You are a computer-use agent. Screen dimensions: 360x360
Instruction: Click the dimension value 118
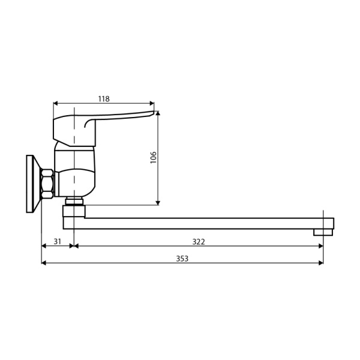click(x=103, y=98)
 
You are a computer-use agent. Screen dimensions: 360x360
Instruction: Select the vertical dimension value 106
click(x=153, y=157)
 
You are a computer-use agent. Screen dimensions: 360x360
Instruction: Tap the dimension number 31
click(x=58, y=241)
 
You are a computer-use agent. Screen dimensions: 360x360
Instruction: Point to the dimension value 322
click(x=199, y=241)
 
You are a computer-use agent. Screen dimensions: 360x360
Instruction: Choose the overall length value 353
click(x=182, y=259)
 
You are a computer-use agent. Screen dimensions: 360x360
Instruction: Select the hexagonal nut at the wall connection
click(x=47, y=184)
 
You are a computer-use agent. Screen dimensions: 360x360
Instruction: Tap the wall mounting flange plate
click(x=30, y=184)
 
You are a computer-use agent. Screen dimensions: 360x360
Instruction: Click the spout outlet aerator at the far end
click(x=323, y=232)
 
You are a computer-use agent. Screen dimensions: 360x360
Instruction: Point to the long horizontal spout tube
click(x=204, y=223)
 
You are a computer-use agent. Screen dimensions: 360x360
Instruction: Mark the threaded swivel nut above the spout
click(x=74, y=202)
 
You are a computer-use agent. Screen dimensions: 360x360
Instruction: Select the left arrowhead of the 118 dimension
click(x=56, y=103)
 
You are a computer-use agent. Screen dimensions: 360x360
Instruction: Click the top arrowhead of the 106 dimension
click(x=158, y=113)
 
